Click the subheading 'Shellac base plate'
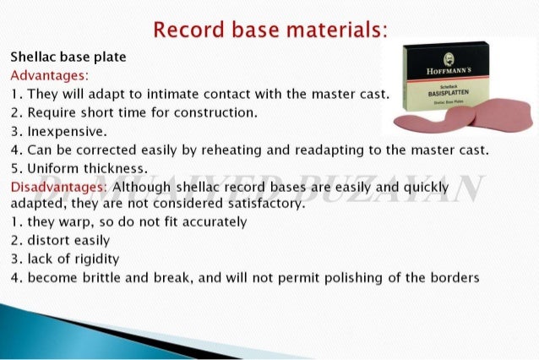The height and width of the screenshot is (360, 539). pyautogui.click(x=68, y=58)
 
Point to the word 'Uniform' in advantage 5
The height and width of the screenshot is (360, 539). pyautogui.click(x=52, y=168)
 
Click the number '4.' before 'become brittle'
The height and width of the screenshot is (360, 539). pyautogui.click(x=16, y=278)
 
